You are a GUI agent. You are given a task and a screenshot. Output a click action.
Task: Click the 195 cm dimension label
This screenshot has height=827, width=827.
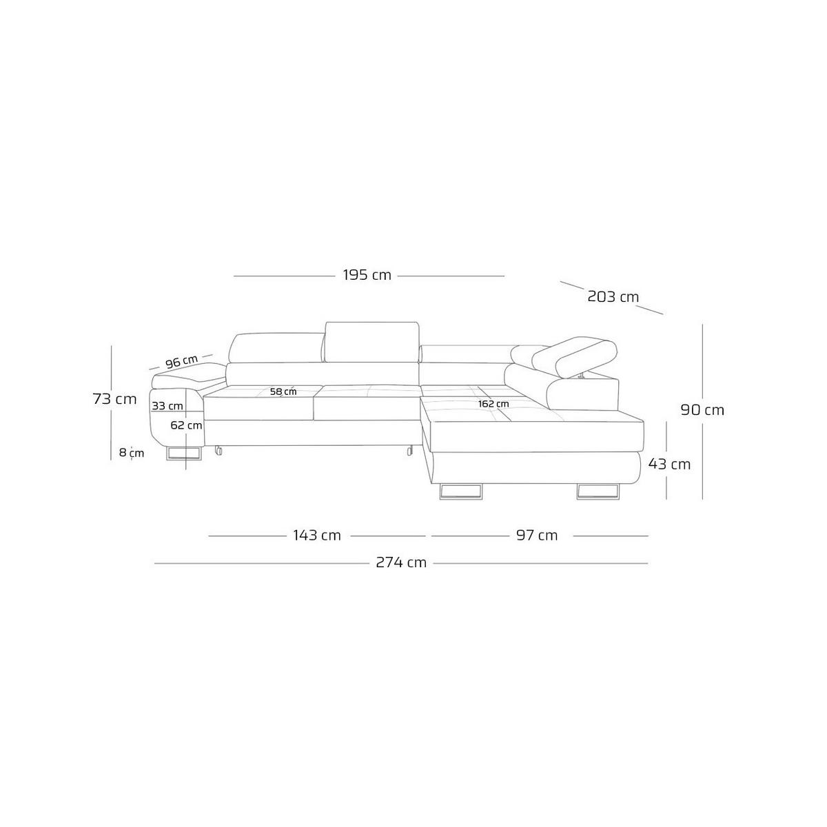tap(367, 275)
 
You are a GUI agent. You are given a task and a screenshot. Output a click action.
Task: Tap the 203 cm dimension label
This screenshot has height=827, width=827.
tap(613, 296)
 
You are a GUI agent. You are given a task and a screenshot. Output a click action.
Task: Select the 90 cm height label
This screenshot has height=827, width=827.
tap(702, 410)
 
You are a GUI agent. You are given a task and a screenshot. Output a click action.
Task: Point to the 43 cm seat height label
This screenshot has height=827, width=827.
tap(669, 464)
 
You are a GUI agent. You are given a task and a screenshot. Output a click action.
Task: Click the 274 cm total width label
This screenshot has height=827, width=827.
tap(401, 562)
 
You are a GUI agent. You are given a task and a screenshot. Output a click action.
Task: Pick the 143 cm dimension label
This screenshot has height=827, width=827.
tap(317, 535)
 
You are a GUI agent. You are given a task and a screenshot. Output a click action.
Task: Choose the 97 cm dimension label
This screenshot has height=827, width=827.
tap(536, 535)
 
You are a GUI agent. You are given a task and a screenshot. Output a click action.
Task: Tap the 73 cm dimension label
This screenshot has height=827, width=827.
tap(114, 399)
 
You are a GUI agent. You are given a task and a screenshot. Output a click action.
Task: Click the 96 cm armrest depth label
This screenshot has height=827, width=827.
tap(181, 362)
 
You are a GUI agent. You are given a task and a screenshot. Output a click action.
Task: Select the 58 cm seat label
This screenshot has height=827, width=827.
tap(283, 391)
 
